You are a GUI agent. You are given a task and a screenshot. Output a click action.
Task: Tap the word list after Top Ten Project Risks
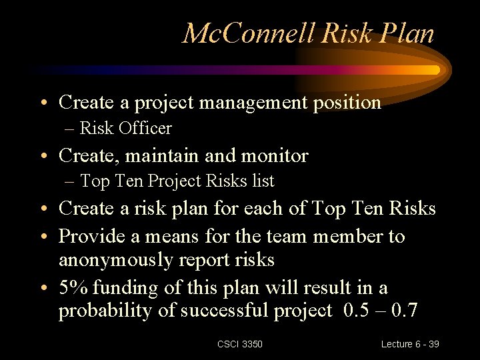(x=263, y=181)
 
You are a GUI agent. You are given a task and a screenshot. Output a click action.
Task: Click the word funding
(x=124, y=288)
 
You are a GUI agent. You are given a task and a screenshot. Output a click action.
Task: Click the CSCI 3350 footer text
(x=240, y=344)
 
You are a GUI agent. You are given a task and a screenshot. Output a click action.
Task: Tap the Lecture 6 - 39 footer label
(x=410, y=344)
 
